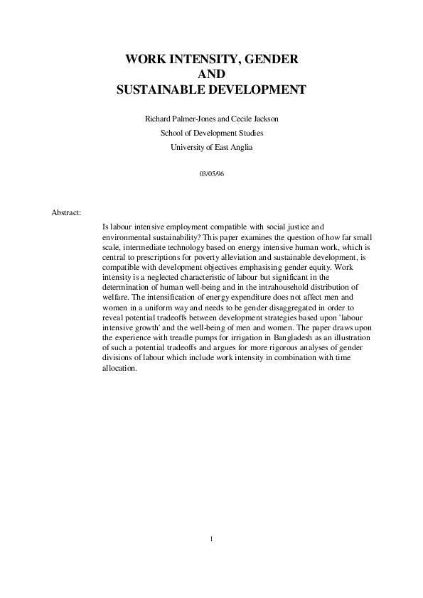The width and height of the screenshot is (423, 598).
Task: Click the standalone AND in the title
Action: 211,75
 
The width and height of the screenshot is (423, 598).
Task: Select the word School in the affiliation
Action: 172,132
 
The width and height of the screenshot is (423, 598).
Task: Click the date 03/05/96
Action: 211,173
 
